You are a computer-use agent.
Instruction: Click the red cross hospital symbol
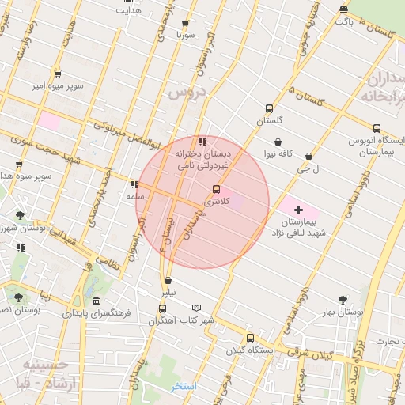pyautogui.click(x=298, y=210)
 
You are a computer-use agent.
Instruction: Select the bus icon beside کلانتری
pyautogui.click(x=216, y=189)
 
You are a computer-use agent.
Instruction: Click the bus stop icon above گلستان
pyautogui.click(x=269, y=108)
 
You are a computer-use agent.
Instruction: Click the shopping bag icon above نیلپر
pyautogui.click(x=167, y=281)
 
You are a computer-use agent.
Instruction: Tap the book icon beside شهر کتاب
pyautogui.click(x=196, y=308)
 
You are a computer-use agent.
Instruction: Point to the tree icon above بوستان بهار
pyautogui.click(x=343, y=300)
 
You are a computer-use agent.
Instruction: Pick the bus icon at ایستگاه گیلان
pyautogui.click(x=250, y=338)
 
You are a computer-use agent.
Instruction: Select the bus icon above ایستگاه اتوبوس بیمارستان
pyautogui.click(x=376, y=127)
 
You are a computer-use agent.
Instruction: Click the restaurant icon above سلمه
pyautogui.click(x=134, y=184)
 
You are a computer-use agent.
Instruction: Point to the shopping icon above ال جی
pyautogui.click(x=318, y=157)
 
